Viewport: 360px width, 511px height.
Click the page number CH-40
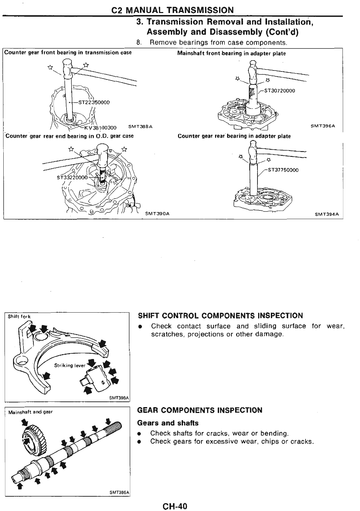175,506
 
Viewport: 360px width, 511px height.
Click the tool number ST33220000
72,178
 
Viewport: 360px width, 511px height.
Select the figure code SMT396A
323,126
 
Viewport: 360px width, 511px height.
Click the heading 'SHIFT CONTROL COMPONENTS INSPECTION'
220,316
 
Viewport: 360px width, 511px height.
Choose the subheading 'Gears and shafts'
168,423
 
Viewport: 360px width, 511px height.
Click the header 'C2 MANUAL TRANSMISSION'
172,10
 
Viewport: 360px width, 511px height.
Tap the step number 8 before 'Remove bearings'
139,43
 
